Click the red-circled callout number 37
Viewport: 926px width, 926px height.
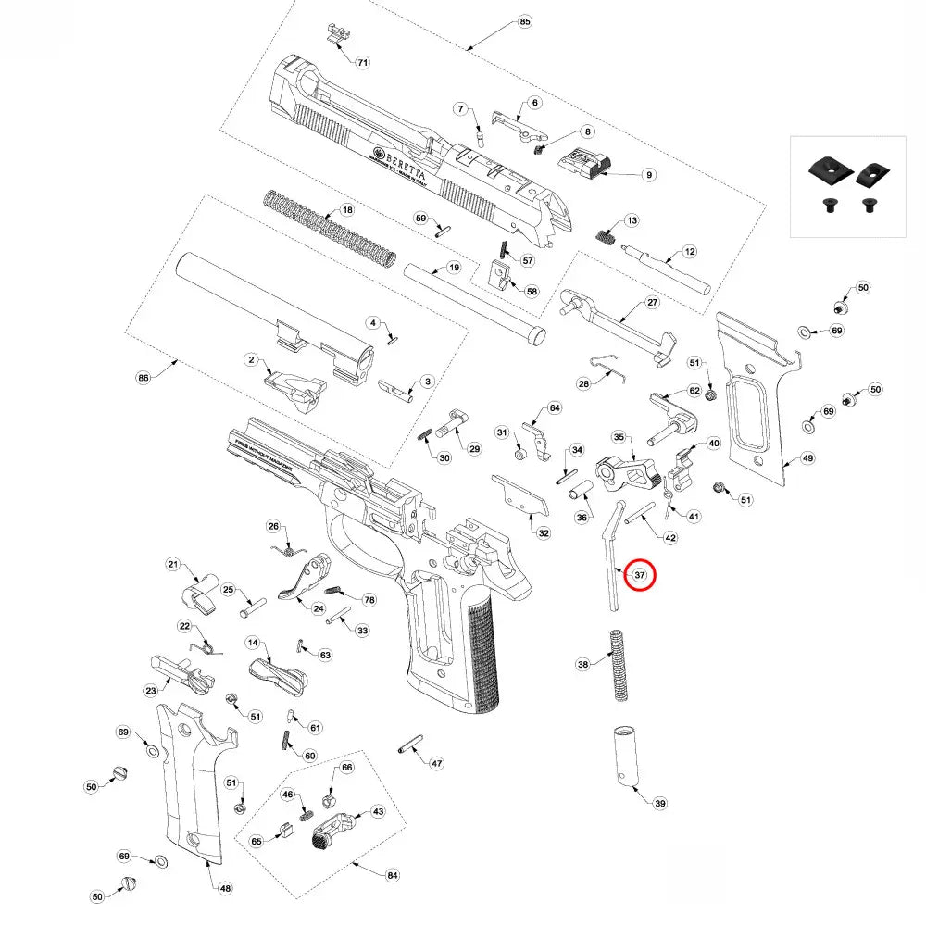tap(639, 575)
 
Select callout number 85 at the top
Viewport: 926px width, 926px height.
tap(525, 21)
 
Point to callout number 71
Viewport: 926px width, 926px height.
tap(362, 62)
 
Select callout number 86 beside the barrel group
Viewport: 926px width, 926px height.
tap(143, 378)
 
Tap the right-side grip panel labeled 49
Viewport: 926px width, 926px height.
tap(755, 398)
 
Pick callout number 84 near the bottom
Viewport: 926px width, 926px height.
tap(393, 874)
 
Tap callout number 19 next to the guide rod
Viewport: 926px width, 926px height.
tap(454, 268)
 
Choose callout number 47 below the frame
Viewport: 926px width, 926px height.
tap(436, 764)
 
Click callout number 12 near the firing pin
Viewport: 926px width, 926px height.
tap(689, 251)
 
